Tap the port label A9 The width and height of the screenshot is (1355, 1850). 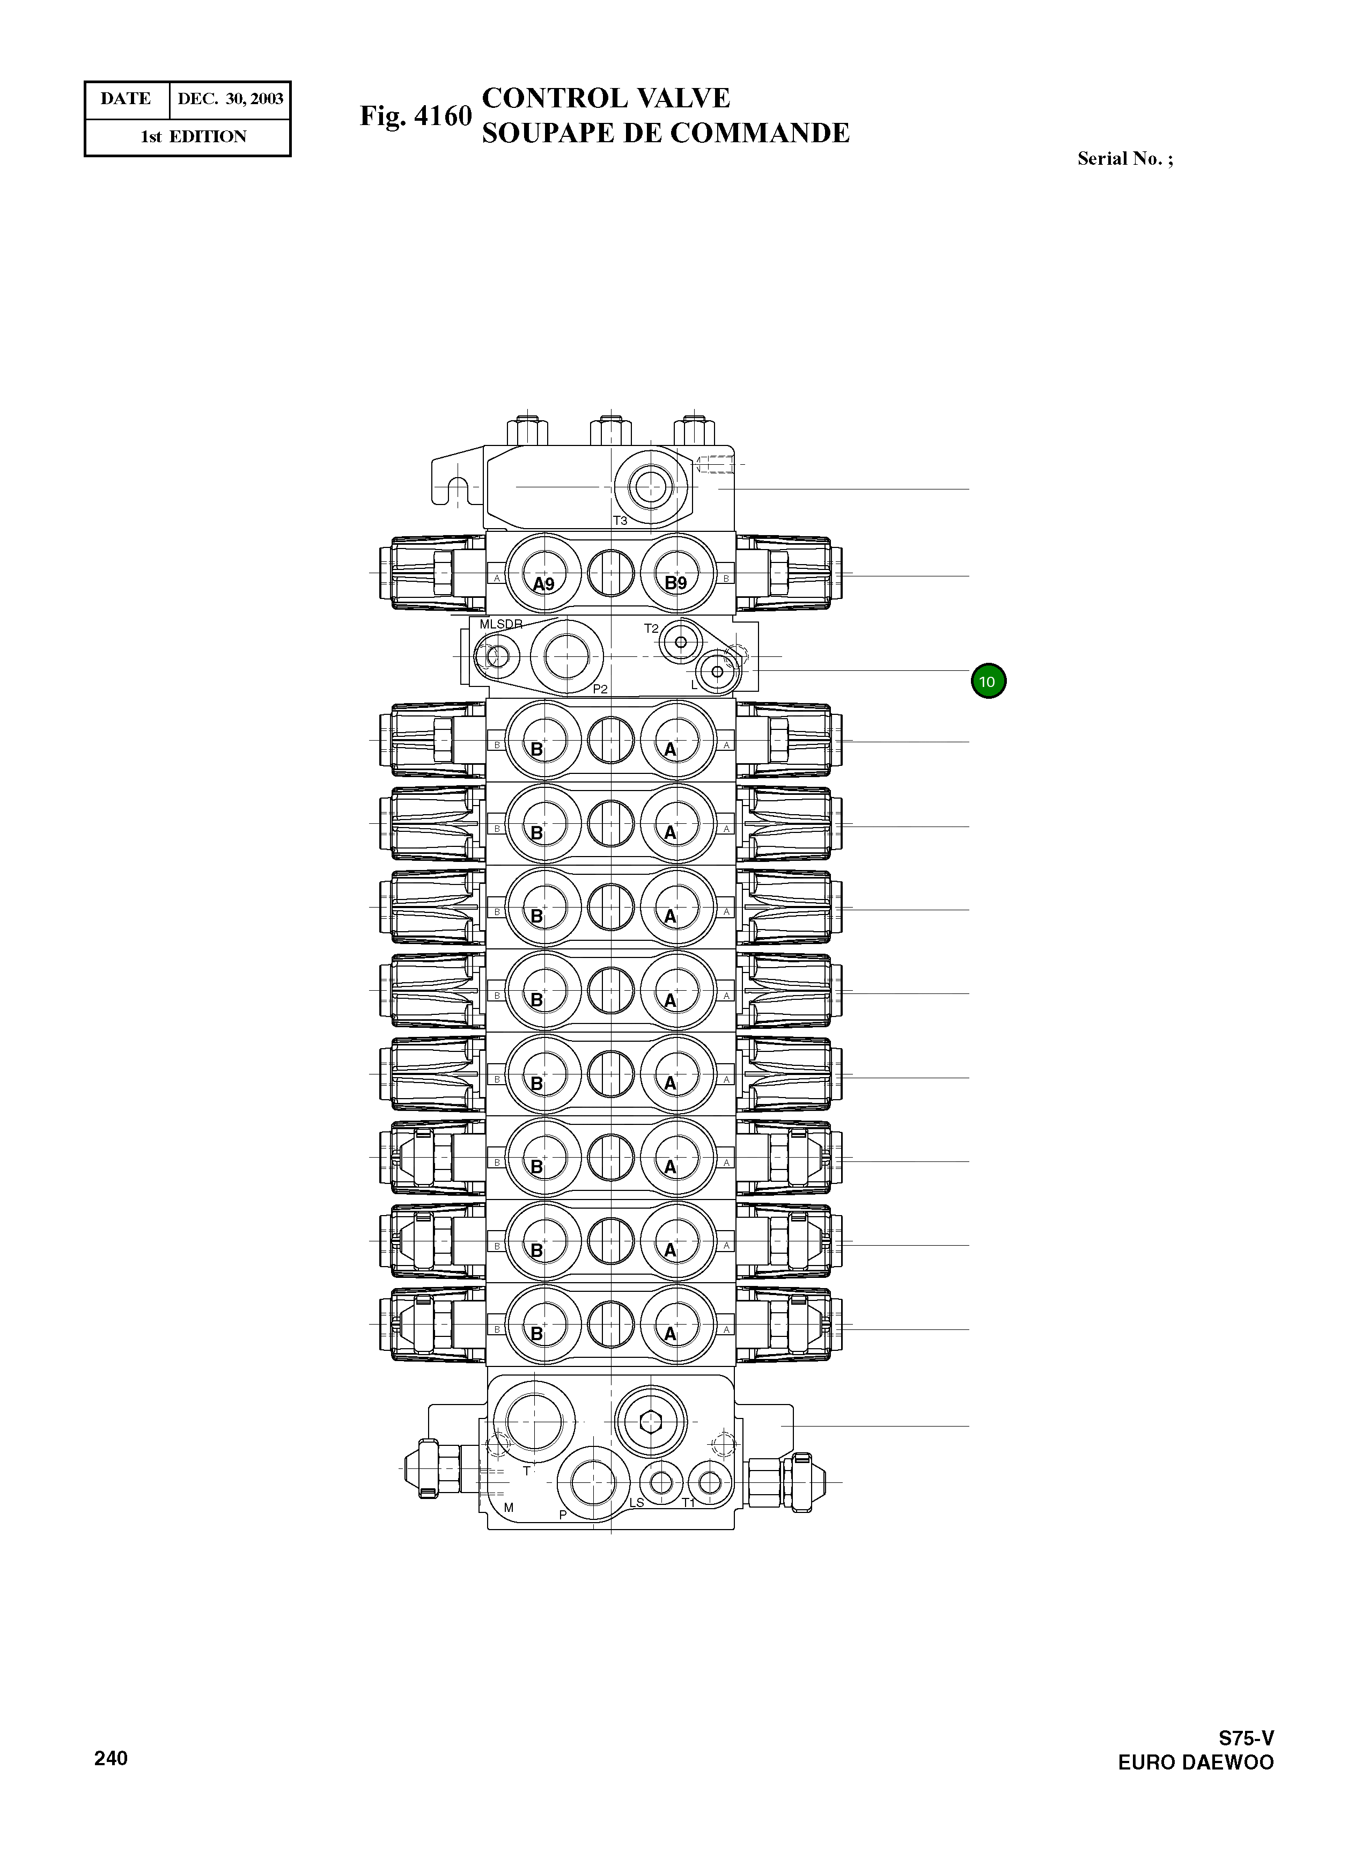tap(543, 584)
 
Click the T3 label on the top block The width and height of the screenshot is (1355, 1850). tap(620, 521)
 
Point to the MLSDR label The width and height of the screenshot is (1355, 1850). tap(500, 624)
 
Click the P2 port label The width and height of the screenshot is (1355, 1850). tap(600, 689)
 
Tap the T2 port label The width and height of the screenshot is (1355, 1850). tap(651, 628)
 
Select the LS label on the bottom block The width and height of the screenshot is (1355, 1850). tap(637, 1503)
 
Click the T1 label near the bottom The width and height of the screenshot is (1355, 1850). tap(689, 1503)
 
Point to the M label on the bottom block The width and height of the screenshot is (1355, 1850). tap(509, 1508)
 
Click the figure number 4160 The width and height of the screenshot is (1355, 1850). tap(443, 116)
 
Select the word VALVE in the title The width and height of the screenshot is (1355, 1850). tap(683, 98)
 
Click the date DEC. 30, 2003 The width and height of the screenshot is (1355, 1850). tap(231, 99)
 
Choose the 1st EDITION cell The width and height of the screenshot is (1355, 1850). tap(194, 137)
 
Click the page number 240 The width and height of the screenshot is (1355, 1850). tap(111, 1758)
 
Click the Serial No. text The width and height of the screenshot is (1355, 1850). tap(1124, 159)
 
